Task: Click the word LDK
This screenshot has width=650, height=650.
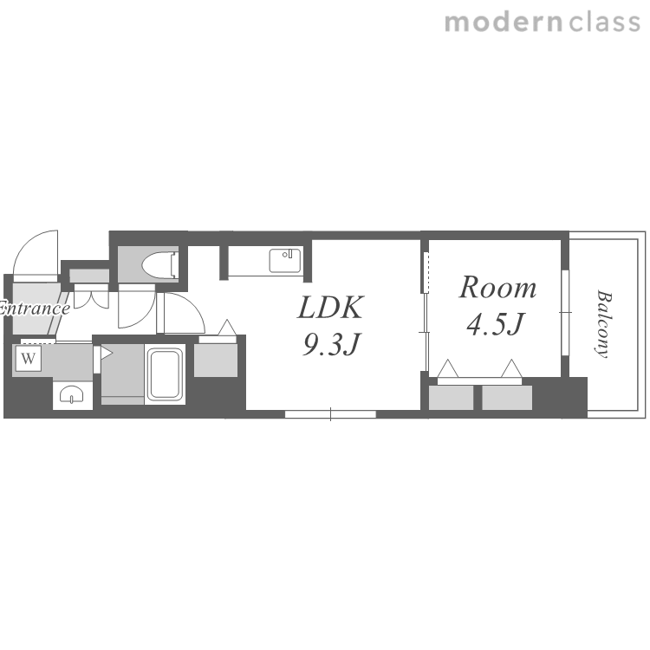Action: (330, 307)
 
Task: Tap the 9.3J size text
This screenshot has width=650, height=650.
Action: (330, 344)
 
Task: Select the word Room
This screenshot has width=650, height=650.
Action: (497, 287)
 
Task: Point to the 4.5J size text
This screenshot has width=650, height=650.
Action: (496, 324)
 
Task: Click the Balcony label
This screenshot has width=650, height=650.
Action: (603, 324)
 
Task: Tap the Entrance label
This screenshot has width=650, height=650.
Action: (34, 309)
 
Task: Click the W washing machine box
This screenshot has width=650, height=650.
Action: (29, 358)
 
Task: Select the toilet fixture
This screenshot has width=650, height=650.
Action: (160, 263)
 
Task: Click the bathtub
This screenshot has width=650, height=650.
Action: (165, 374)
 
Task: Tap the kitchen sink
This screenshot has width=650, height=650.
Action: (285, 261)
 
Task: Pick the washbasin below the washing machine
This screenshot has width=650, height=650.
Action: (71, 394)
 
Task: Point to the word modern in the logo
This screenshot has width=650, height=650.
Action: (504, 22)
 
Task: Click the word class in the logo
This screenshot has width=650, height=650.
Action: (605, 22)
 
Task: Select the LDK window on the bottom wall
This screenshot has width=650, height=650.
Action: (330, 413)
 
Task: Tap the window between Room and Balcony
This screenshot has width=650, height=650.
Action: (565, 312)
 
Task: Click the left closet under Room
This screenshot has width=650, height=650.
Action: (451, 398)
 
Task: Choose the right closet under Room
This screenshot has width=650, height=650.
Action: (507, 398)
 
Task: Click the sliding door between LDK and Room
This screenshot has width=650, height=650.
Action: (426, 332)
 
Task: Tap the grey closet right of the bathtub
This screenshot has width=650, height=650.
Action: (216, 360)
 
